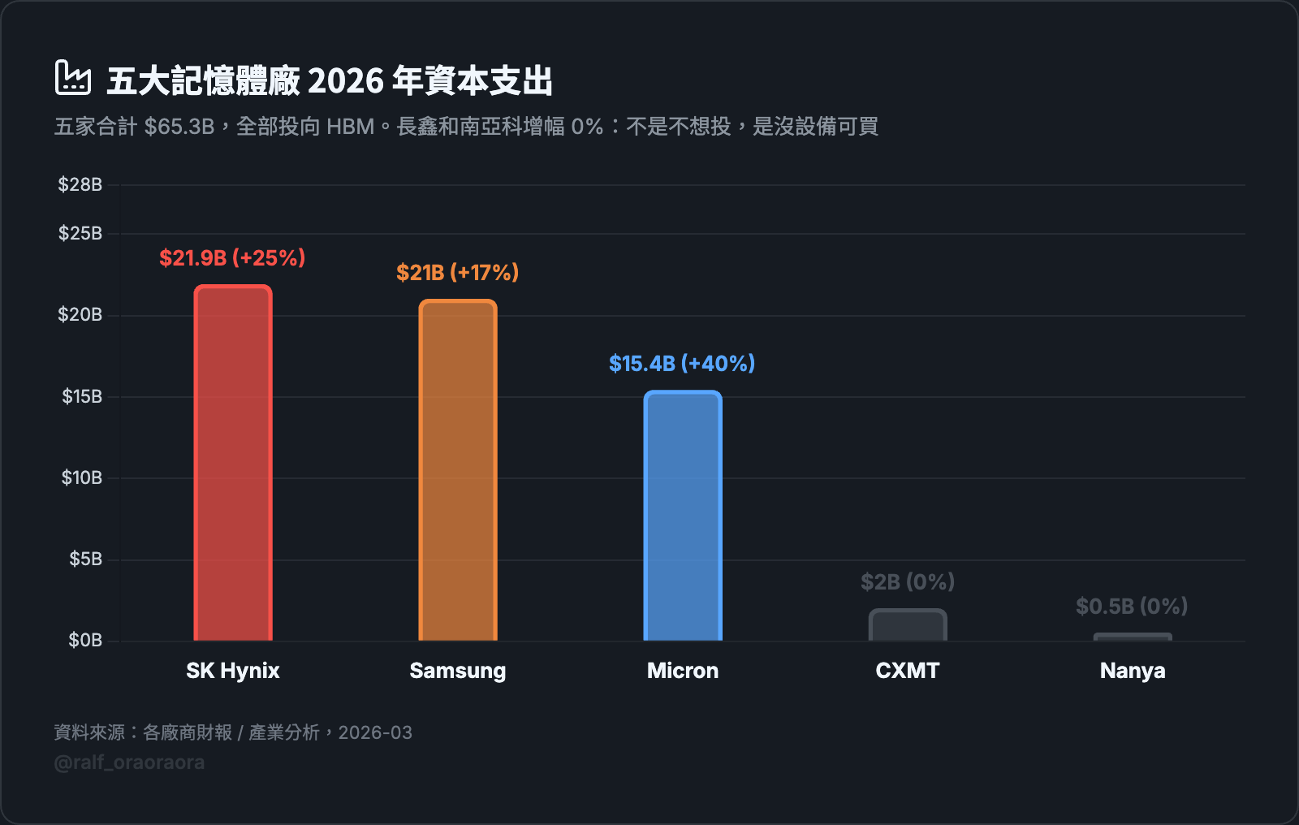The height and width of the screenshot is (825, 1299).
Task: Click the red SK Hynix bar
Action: tap(233, 463)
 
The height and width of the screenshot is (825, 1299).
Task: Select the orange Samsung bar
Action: tap(458, 470)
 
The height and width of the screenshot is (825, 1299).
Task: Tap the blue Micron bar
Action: tap(683, 516)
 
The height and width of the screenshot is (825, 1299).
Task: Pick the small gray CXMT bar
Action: tap(908, 625)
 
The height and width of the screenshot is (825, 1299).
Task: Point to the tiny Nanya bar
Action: tap(1133, 637)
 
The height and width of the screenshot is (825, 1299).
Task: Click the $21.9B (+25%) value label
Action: tap(232, 258)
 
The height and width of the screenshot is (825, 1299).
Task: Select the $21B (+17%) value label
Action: tap(457, 273)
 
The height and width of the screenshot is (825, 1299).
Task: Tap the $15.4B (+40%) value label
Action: tap(682, 364)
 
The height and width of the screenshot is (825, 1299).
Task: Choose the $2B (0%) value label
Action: tap(908, 582)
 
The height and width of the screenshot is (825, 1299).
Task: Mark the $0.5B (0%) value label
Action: tap(1132, 607)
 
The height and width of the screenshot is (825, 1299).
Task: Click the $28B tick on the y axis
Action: tap(80, 185)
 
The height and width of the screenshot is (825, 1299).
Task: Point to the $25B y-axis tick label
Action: tap(80, 234)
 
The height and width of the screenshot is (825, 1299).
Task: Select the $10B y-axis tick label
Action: tap(81, 478)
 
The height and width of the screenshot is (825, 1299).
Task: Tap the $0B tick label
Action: tap(84, 641)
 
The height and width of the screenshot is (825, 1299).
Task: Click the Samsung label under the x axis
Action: tap(458, 671)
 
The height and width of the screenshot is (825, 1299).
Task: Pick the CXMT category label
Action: tap(908, 671)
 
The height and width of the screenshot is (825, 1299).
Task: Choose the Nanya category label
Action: tap(1133, 671)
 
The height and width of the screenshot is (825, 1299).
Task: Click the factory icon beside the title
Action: tap(72, 78)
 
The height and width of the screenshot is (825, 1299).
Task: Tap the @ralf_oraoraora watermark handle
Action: tap(129, 762)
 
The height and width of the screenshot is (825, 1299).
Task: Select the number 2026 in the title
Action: tap(346, 81)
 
